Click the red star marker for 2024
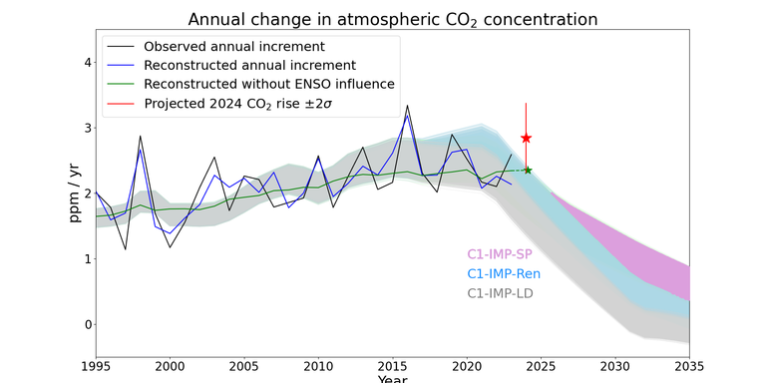click(x=526, y=138)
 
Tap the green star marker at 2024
click(x=528, y=170)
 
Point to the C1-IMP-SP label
click(x=500, y=254)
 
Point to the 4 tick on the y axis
click(x=88, y=62)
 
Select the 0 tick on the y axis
click(x=88, y=324)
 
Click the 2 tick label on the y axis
click(x=88, y=193)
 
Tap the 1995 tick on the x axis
click(x=96, y=366)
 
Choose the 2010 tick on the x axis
click(x=318, y=366)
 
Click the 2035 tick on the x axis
click(x=689, y=366)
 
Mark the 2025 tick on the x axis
click(x=541, y=366)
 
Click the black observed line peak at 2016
click(x=407, y=106)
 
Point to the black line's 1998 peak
click(x=140, y=136)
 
